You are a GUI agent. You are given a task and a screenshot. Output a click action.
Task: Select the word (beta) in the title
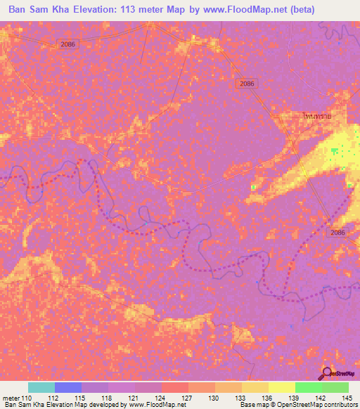[x=299, y=9]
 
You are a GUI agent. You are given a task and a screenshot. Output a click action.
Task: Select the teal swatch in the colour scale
[x=41, y=387]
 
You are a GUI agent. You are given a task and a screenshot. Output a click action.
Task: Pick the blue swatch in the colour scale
[x=68, y=387]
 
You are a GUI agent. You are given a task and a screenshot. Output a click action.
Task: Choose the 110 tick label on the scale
[x=27, y=398]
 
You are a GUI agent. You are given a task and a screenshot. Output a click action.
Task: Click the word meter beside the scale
[x=11, y=398]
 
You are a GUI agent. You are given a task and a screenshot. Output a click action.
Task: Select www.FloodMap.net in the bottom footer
[x=150, y=405]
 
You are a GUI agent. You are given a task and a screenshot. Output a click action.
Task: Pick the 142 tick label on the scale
[x=321, y=398]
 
